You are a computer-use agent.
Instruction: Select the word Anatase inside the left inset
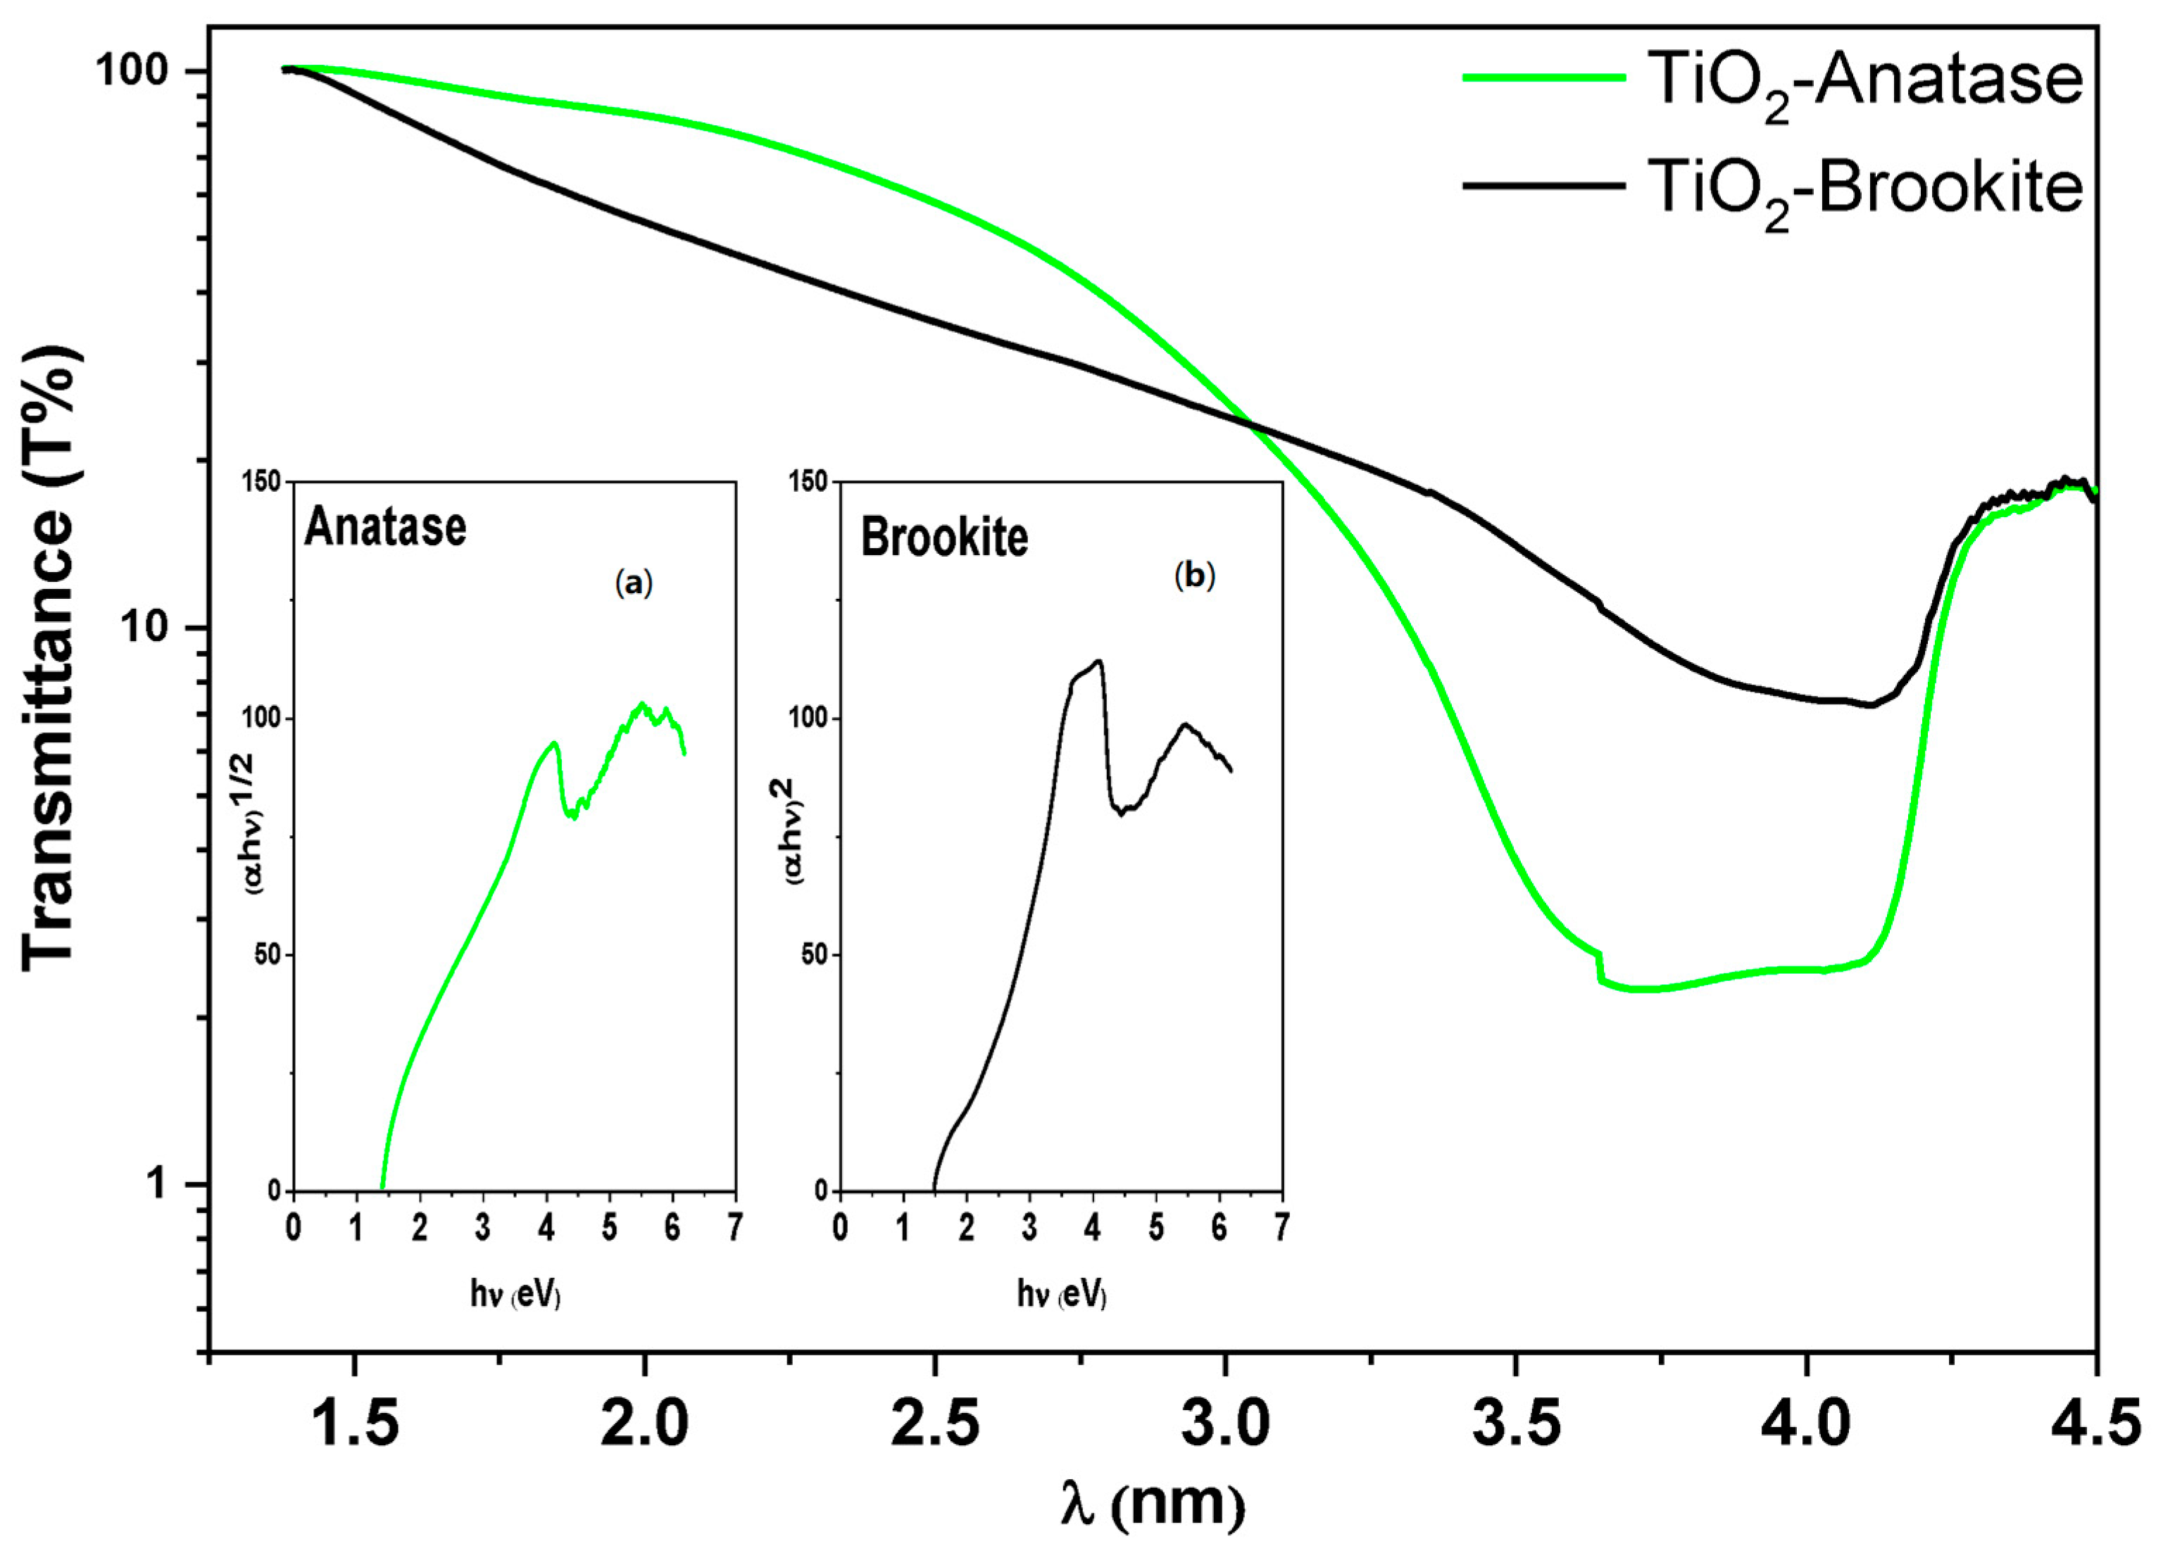click(x=385, y=527)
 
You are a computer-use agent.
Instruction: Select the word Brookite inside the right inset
click(x=944, y=538)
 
